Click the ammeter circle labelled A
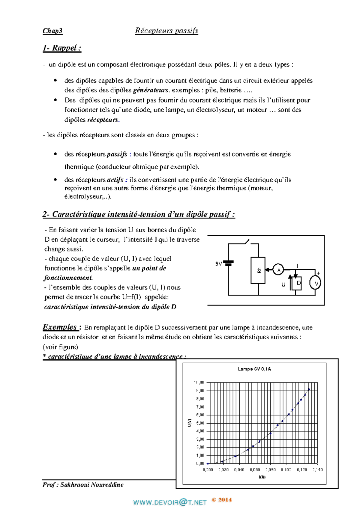tap(278, 270)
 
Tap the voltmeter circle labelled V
tap(315, 283)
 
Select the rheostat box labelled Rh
tap(258, 270)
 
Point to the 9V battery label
tap(219, 264)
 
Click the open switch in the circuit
tap(247, 242)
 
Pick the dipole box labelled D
tap(297, 283)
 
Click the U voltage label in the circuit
tap(283, 284)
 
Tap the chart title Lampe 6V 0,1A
tap(254, 369)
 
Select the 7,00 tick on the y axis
tap(200, 407)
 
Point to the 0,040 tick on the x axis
tap(239, 470)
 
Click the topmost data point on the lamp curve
tap(309, 389)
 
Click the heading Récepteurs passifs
tap(166, 31)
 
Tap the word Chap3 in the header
tap(52, 31)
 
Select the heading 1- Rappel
tap(62, 48)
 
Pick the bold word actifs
tap(115, 180)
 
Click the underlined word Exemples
tap(60, 327)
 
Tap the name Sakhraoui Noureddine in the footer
tap(92, 485)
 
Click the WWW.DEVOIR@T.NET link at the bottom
tap(170, 502)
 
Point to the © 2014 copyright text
tap(222, 500)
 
